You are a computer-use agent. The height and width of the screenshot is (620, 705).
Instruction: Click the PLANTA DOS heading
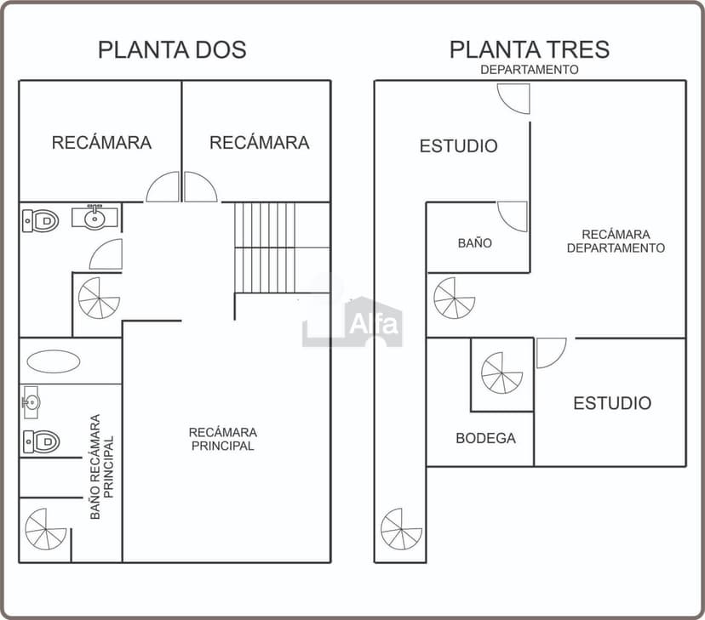(172, 49)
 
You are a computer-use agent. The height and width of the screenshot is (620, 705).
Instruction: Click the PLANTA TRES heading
(530, 49)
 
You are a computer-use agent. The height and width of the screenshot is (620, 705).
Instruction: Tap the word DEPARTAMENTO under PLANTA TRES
(530, 70)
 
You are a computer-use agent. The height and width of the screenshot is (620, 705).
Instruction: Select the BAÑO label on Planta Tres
(474, 243)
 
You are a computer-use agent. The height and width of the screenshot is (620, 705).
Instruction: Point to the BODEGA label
(485, 439)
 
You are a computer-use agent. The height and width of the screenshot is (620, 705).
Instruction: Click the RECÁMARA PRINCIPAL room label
(222, 439)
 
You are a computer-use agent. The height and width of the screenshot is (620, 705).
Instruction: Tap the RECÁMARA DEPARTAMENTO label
(616, 241)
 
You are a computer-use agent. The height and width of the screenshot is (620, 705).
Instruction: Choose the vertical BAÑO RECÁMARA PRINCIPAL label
(101, 467)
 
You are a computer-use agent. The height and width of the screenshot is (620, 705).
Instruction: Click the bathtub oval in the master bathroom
(54, 361)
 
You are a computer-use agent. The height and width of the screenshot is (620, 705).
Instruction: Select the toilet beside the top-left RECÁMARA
(41, 221)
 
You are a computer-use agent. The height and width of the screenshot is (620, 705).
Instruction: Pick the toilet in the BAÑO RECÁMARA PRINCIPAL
(41, 441)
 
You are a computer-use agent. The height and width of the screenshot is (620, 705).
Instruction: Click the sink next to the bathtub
(32, 401)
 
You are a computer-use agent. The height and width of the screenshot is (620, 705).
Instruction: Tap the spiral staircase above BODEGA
(502, 373)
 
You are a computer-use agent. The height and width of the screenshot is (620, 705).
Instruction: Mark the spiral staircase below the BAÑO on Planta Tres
(454, 298)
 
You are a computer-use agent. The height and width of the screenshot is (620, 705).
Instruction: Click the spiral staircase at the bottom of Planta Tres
(401, 529)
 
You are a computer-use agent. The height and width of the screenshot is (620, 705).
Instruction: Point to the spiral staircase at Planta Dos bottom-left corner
(46, 529)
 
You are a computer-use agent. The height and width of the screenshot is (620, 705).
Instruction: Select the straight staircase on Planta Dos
(281, 247)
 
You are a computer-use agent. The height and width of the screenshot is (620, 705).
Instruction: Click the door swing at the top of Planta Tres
(514, 98)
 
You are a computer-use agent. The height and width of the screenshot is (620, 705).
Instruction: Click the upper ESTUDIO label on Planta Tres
(458, 146)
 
